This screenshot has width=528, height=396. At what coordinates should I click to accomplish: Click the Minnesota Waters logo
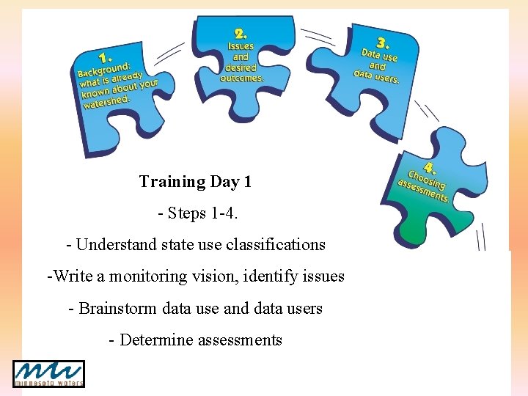(x=48, y=373)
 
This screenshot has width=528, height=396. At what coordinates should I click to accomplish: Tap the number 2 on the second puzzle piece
(x=241, y=33)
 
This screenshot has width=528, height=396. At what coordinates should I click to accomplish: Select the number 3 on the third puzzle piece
(x=381, y=42)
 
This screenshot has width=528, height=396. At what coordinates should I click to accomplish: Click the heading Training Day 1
(x=195, y=181)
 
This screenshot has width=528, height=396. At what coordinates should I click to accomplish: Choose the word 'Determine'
(x=153, y=340)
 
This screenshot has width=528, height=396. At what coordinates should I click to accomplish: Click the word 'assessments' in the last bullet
(x=241, y=340)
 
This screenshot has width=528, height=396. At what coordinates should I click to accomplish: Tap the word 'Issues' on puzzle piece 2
(x=241, y=46)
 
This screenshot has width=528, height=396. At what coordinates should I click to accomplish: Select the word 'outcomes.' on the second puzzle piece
(x=241, y=77)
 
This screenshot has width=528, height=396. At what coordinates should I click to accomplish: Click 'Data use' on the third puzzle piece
(x=379, y=55)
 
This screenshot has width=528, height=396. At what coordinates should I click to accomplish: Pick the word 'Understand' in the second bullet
(x=111, y=244)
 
